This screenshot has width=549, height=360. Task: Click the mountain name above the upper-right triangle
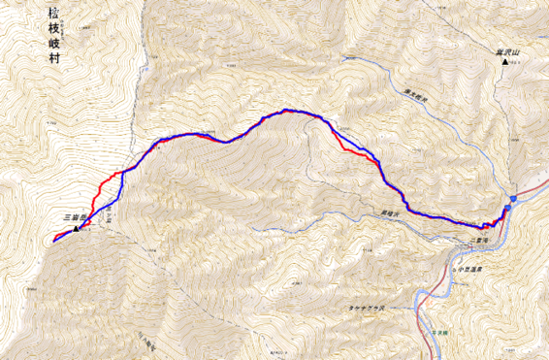point(506,51)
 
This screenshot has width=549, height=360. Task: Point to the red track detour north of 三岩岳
point(108,184)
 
